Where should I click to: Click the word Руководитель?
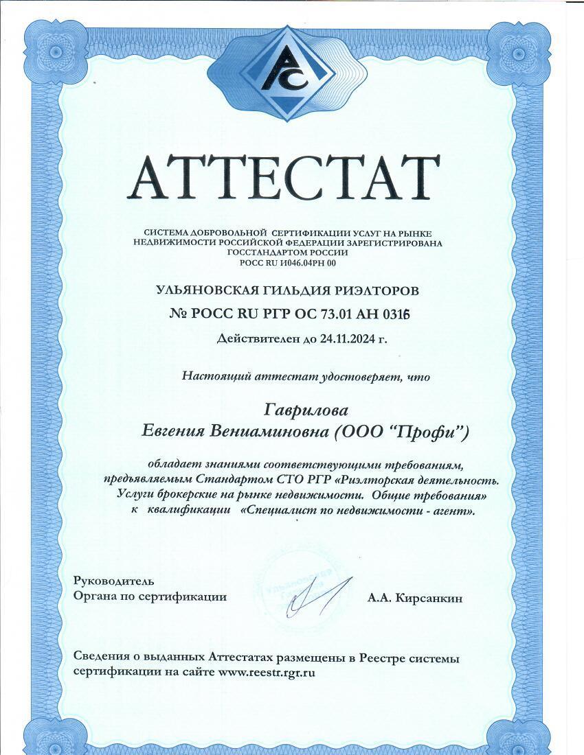pos(109,581)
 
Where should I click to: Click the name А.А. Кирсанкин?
pos(415,599)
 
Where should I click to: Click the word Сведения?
pos(102,658)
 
